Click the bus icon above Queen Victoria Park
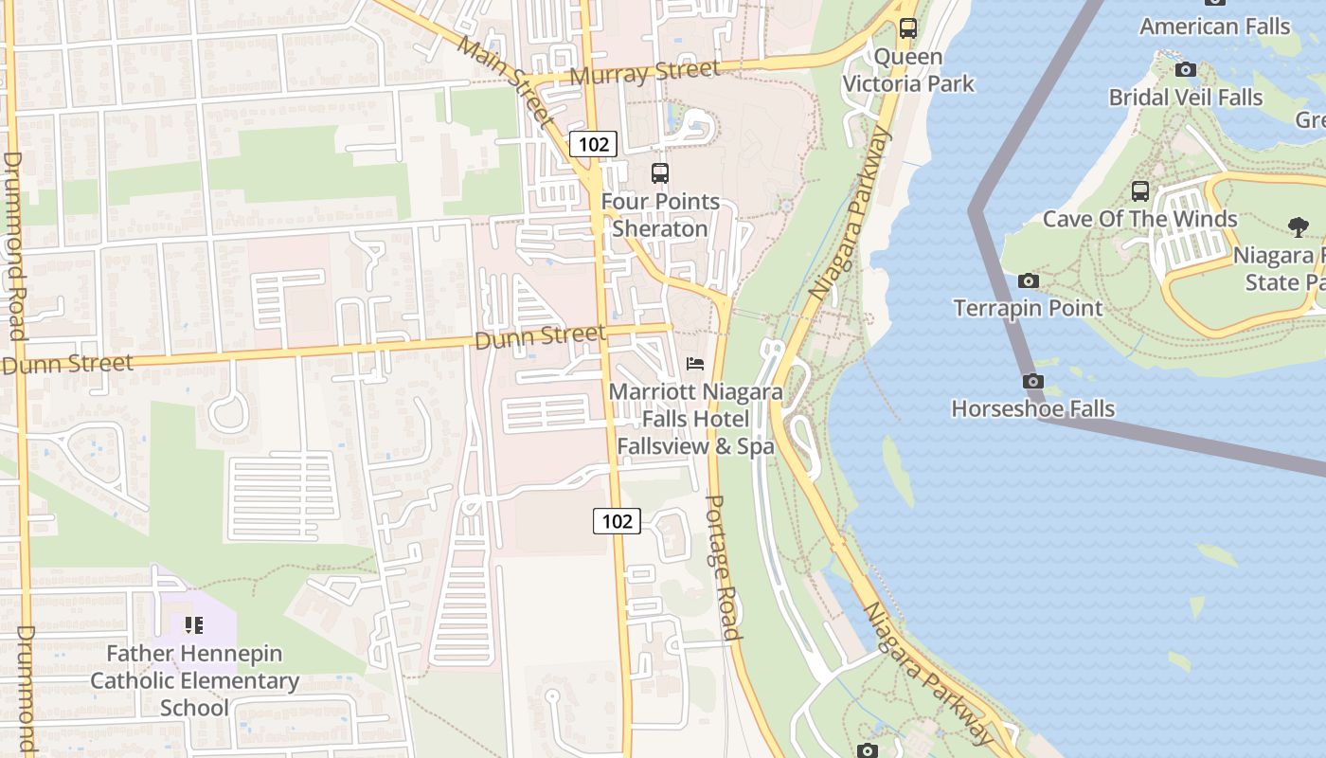point(908,28)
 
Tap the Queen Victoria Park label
point(908,70)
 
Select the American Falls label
point(1214,27)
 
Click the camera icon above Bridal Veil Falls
point(1185,69)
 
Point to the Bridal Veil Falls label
point(1186,98)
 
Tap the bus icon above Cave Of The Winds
point(1140,190)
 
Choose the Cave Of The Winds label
point(1139,219)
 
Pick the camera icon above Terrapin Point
point(1028,280)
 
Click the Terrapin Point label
point(1028,308)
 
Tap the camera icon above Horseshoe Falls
point(1033,381)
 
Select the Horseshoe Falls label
point(1032,409)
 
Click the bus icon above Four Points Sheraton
point(660,173)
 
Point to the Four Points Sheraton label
point(660,215)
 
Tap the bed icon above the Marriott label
point(695,364)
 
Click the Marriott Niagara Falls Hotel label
point(695,419)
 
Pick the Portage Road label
point(723,567)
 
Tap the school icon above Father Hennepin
point(194,625)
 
